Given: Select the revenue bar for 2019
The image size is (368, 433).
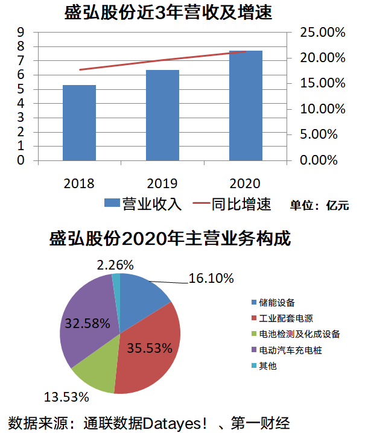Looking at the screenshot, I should pyautogui.click(x=162, y=115).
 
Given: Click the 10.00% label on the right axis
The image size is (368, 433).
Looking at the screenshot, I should pyautogui.click(x=322, y=109).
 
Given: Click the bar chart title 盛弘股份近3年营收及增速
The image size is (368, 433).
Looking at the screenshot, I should pyautogui.click(x=168, y=12).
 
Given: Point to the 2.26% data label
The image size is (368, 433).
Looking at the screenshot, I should pyautogui.click(x=115, y=265).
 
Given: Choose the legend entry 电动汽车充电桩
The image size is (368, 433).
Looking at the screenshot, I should pyautogui.click(x=291, y=350).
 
